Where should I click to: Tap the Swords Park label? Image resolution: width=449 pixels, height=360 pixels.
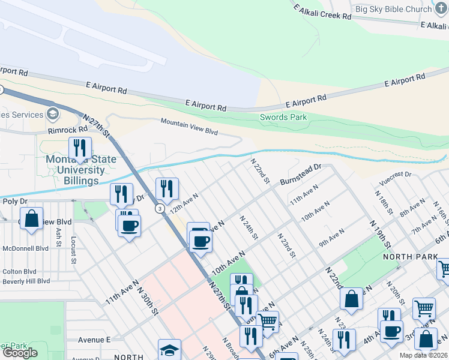point(283,118)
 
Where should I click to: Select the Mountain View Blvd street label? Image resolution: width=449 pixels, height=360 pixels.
point(188,126)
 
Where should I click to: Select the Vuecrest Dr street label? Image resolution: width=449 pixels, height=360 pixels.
point(395,176)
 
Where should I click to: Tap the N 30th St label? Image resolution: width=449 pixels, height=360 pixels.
point(148,299)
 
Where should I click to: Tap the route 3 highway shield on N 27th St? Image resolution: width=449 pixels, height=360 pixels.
point(159,208)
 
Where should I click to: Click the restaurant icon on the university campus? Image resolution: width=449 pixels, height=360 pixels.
point(80,147)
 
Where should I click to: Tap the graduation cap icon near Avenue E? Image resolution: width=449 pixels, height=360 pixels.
point(169,350)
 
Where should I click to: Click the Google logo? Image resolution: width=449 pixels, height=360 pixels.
point(20,353)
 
